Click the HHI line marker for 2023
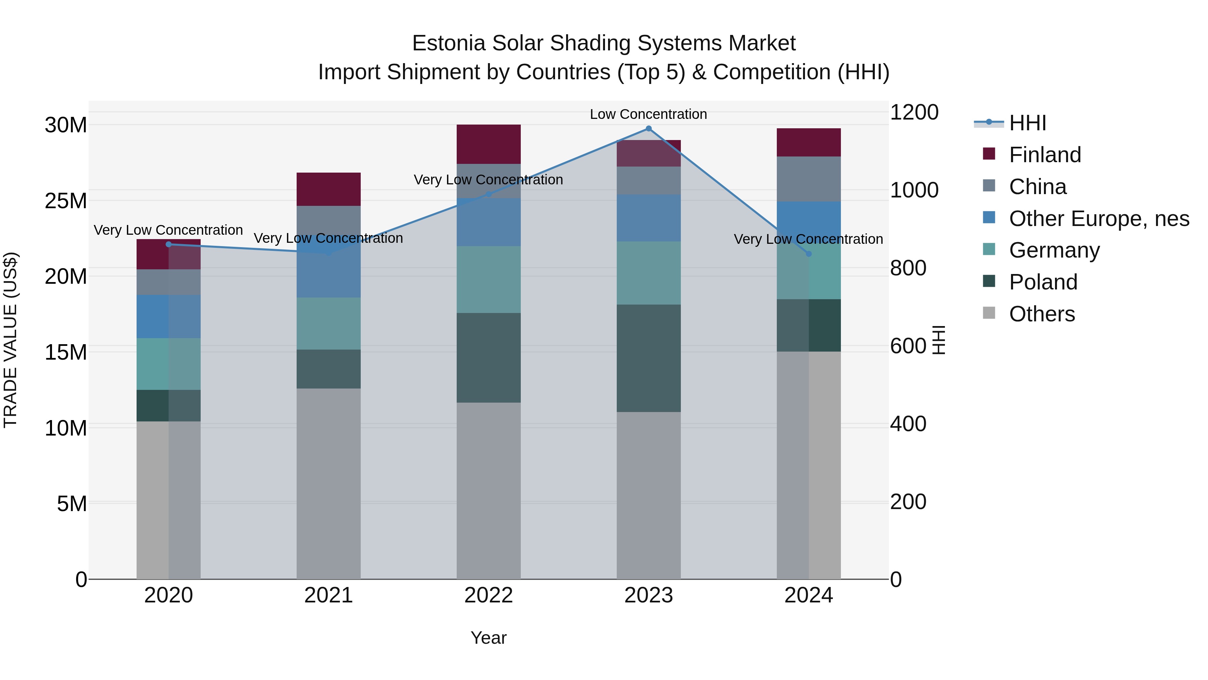point(649,129)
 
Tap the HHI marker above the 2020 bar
point(169,244)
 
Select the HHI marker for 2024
point(808,254)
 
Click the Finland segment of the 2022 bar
point(489,144)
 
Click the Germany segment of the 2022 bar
point(489,280)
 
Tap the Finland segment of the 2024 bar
point(808,142)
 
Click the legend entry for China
point(1038,187)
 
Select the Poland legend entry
point(1043,282)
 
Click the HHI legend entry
point(1027,123)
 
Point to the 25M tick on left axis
point(66,201)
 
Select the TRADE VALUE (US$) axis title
point(10,340)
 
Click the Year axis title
point(488,638)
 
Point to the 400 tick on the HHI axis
point(908,424)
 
